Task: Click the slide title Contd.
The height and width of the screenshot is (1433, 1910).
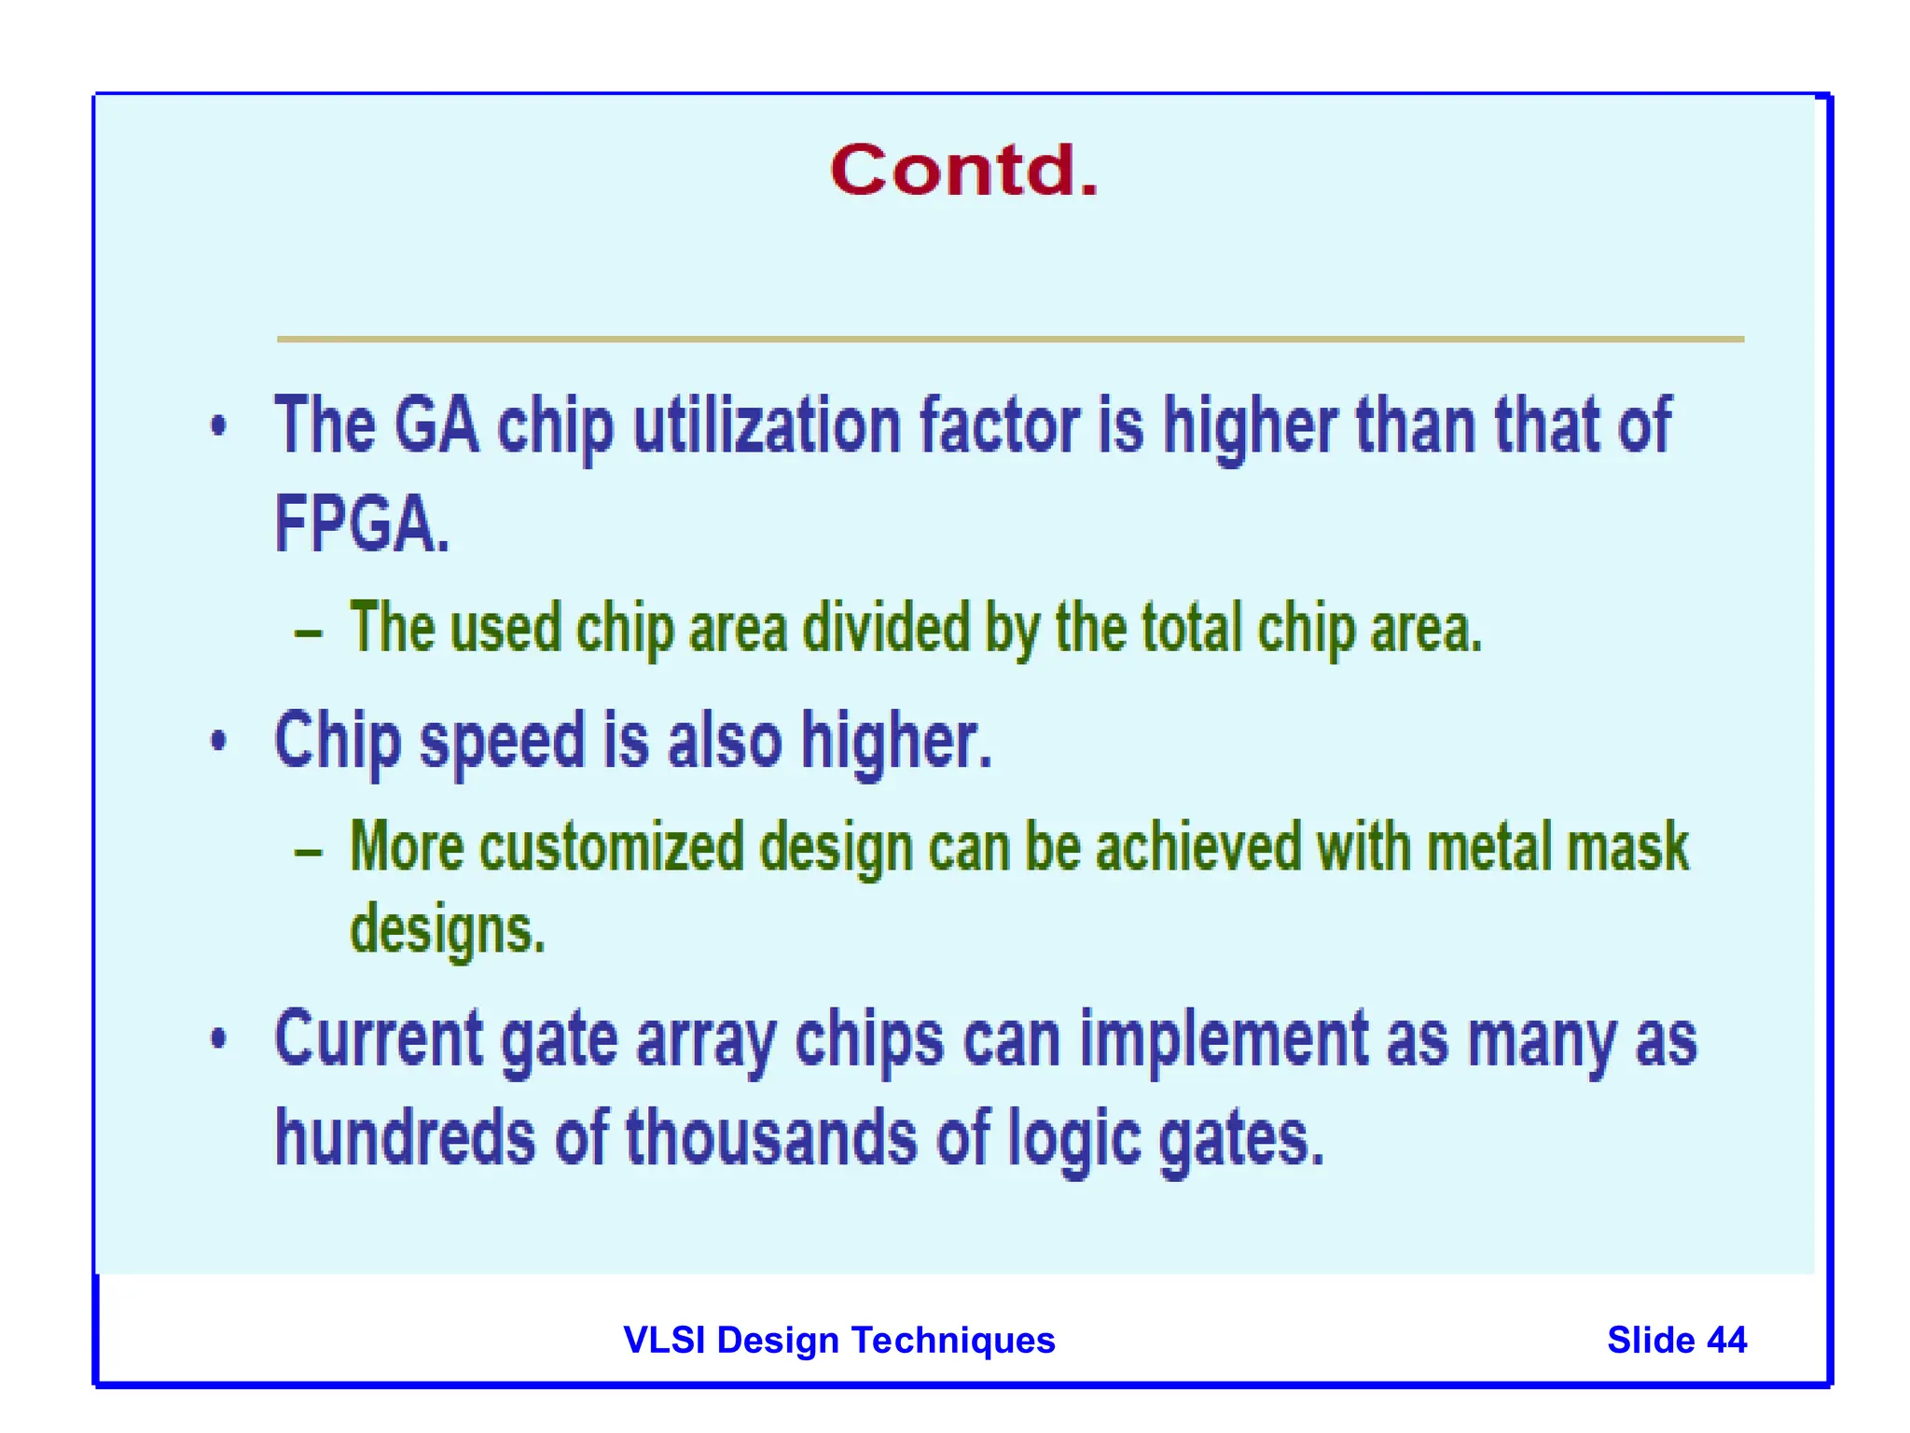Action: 963,172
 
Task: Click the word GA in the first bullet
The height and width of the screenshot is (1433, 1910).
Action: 436,425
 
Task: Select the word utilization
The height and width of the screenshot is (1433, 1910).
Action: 767,425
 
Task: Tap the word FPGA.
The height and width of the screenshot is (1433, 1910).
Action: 362,524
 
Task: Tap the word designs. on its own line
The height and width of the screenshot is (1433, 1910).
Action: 447,930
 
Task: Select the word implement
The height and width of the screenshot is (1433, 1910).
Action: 1225,1039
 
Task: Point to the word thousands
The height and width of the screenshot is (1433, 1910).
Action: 771,1138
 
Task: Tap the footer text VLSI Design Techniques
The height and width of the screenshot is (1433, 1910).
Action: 838,1340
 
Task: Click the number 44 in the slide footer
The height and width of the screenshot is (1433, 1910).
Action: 1726,1340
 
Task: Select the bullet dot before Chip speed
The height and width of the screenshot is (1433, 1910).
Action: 218,742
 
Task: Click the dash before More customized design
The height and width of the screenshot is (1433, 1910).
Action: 309,852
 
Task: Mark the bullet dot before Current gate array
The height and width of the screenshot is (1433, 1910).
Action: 218,1038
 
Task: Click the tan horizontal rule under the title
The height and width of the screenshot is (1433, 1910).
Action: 1010,339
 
